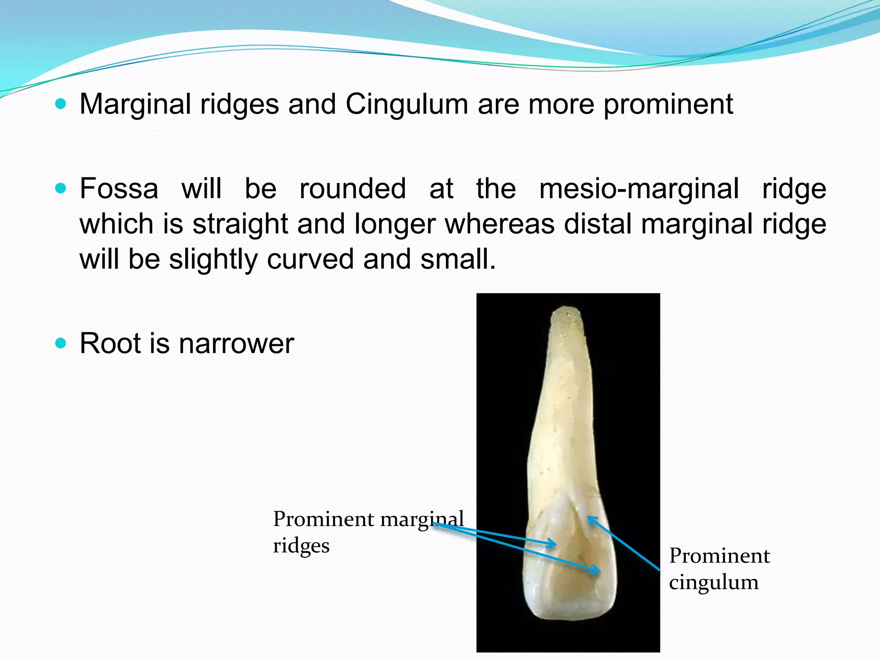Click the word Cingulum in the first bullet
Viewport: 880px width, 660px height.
tap(406, 104)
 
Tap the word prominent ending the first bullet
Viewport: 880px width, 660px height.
tap(668, 104)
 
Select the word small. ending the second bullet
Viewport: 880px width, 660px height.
tap(458, 260)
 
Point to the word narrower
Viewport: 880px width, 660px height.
tap(236, 343)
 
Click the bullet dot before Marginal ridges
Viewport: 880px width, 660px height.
tap(61, 104)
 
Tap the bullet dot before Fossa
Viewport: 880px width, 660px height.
tap(61, 188)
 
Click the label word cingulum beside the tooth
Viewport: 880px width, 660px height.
tap(714, 583)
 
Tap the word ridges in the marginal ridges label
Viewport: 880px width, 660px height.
tap(301, 546)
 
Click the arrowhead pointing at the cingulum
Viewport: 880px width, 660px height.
tap(590, 519)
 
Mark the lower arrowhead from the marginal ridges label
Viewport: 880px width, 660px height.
tap(597, 571)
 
